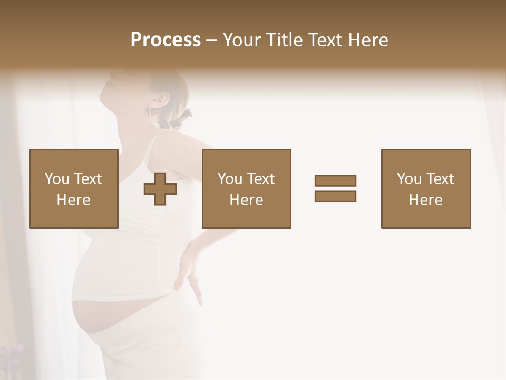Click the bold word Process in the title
[166, 40]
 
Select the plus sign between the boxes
[160, 189]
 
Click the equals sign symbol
[335, 188]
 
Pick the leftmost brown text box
[73, 188]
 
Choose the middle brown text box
[246, 188]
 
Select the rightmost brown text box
[425, 188]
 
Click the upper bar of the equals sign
[335, 181]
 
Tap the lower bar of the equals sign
[335, 196]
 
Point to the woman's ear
[161, 99]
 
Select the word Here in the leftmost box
[73, 200]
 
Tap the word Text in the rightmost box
[440, 179]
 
